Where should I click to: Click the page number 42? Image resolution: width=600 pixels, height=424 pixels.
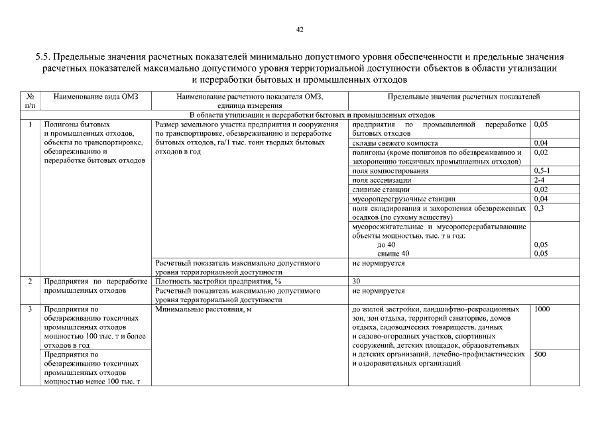pos(300,29)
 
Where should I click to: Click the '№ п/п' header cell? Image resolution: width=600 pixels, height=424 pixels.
pos(30,101)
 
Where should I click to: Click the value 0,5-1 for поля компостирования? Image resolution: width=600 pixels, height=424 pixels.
pos(542,171)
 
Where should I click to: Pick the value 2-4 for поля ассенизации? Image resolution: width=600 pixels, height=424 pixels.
pos(538,180)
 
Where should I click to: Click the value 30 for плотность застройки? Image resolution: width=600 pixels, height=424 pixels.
pos(357,282)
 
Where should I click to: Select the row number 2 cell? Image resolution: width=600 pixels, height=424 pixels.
pos(30,282)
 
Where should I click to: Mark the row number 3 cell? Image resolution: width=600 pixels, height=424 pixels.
pos(30,309)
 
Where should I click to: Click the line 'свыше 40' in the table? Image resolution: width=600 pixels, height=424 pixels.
pos(393,254)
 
